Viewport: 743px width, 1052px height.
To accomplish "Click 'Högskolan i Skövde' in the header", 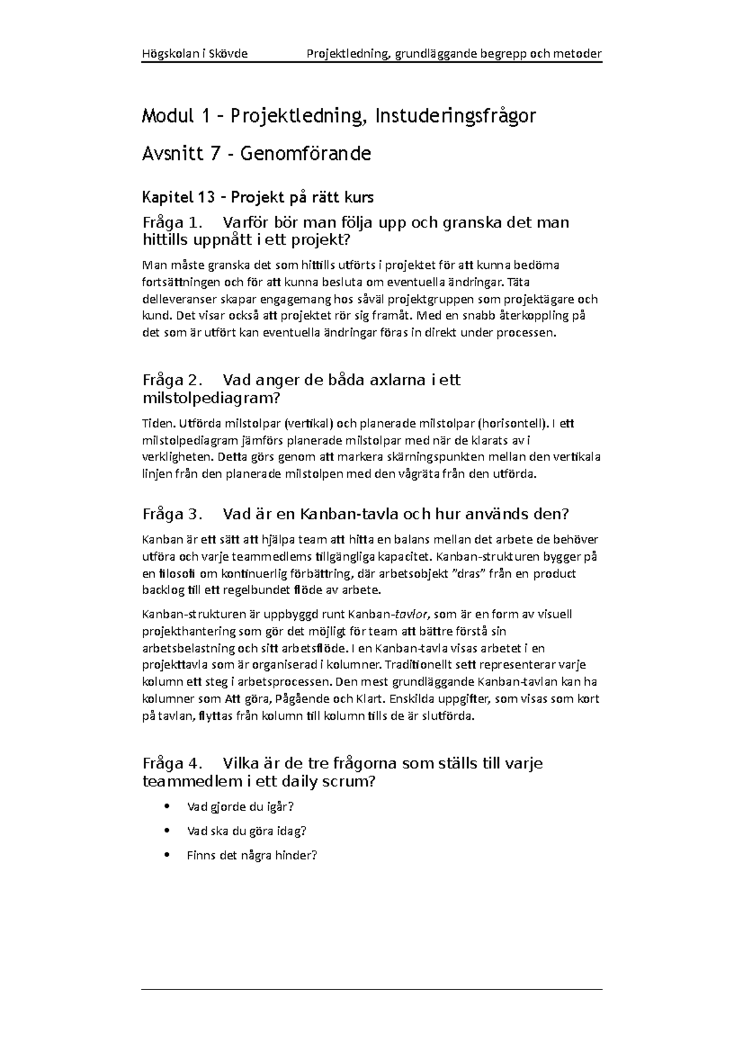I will pyautogui.click(x=194, y=53).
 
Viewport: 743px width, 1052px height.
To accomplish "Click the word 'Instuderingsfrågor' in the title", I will pyautogui.click(x=454, y=115).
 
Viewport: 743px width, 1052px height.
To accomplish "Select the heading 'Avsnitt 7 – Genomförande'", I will pyautogui.click(x=256, y=153).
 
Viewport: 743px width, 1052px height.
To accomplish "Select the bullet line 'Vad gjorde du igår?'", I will pyautogui.click(x=240, y=807).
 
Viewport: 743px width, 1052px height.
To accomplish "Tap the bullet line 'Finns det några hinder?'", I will pyautogui.click(x=251, y=856).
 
